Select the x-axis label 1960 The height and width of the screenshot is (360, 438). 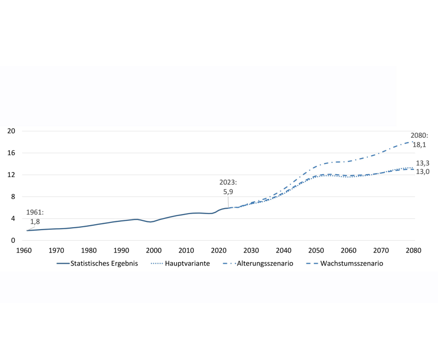pyautogui.click(x=24, y=250)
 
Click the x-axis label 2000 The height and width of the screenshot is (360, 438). pyautogui.click(x=154, y=250)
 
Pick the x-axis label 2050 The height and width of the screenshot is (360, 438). pyautogui.click(x=316, y=250)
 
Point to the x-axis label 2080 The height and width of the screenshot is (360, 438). pyautogui.click(x=413, y=250)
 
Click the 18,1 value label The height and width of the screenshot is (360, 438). pyautogui.click(x=419, y=144)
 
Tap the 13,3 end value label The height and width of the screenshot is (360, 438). pyautogui.click(x=422, y=163)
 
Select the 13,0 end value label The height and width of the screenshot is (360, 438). pyautogui.click(x=422, y=172)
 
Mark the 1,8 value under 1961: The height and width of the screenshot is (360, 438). pyautogui.click(x=35, y=221)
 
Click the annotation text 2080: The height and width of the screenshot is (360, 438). pyautogui.click(x=419, y=136)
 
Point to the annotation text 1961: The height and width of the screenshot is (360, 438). pyautogui.click(x=35, y=213)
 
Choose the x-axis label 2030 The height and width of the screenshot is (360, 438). pyautogui.click(x=251, y=250)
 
